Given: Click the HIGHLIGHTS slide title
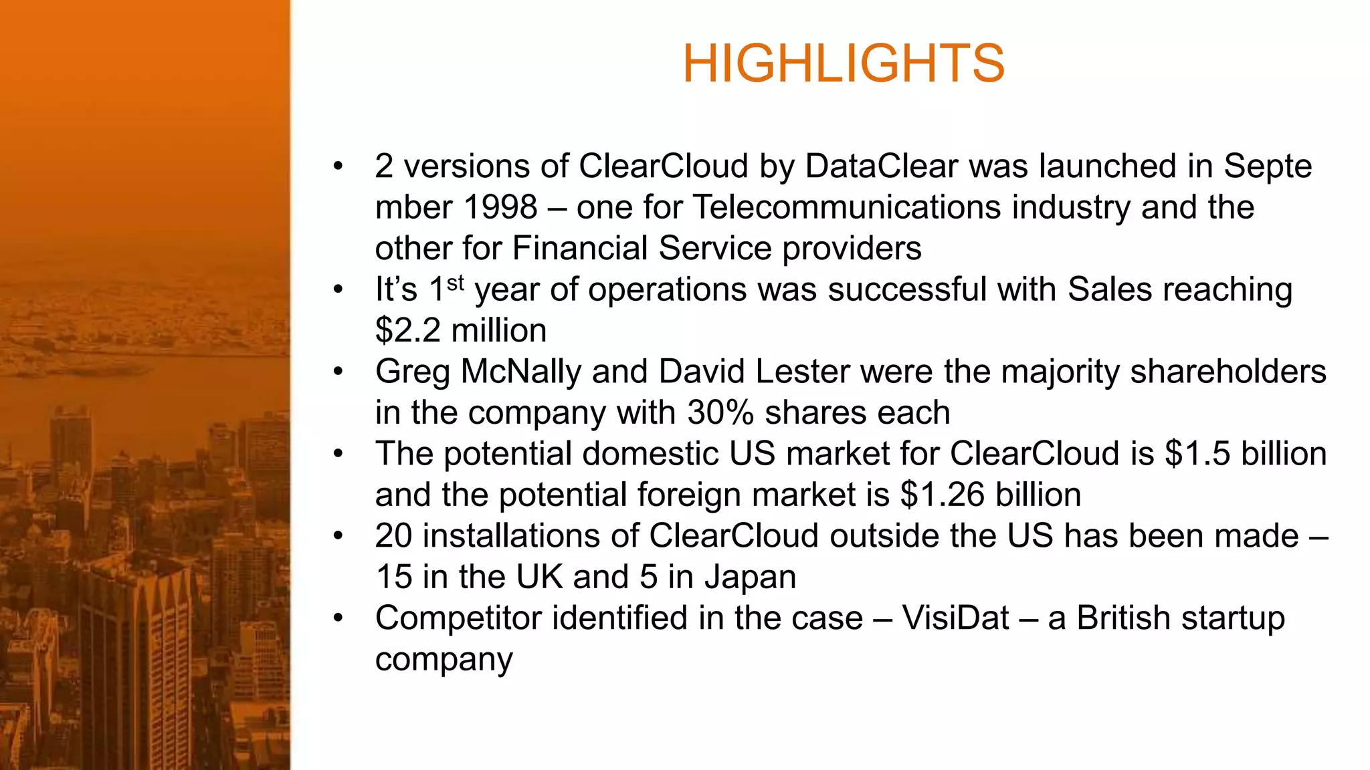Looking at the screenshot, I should [843, 63].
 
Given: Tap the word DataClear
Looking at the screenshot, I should [881, 166].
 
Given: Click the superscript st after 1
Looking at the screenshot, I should [456, 283].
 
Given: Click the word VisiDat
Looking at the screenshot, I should [955, 618].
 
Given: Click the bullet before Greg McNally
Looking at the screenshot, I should [338, 372].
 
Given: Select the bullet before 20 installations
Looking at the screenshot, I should [338, 536].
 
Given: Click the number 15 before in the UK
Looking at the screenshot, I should [394, 577].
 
